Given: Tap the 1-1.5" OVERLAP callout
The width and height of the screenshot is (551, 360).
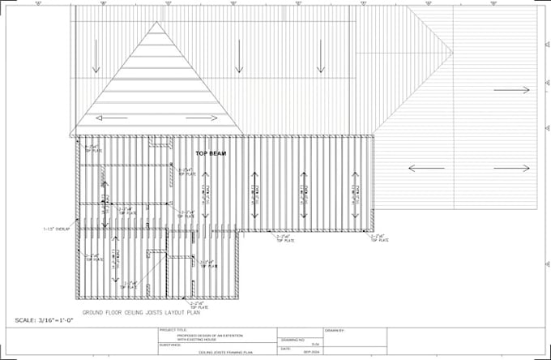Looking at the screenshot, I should pyautogui.click(x=55, y=229).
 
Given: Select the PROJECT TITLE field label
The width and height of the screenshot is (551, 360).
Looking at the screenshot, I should pyautogui.click(x=173, y=330).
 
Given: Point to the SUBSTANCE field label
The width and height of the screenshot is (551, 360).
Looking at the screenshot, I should pyautogui.click(x=170, y=344).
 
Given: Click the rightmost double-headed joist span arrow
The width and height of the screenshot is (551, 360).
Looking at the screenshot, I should pyautogui.click(x=355, y=195).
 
